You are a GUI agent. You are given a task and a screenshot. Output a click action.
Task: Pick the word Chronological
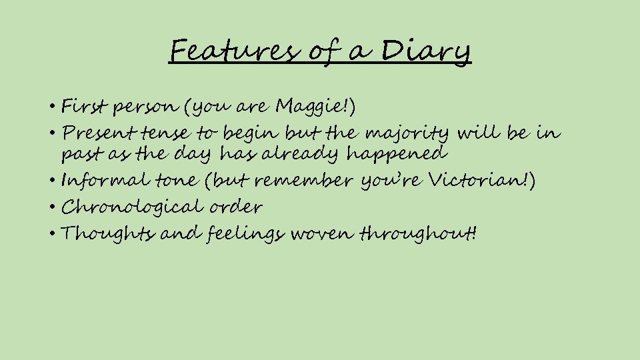pyautogui.click(x=126, y=207)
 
